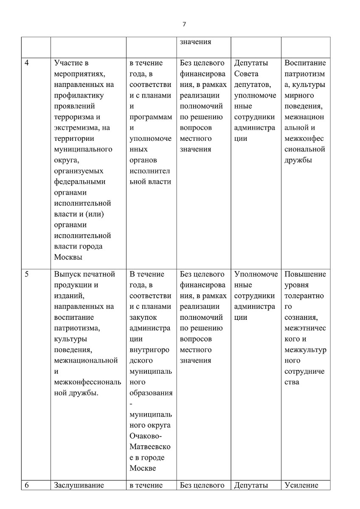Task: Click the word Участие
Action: point(71,63)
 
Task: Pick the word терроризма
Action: point(73,117)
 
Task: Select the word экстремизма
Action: point(76,128)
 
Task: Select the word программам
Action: point(151,117)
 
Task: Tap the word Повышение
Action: point(305,274)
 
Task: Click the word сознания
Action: point(301,317)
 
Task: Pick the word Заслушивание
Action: point(79,485)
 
